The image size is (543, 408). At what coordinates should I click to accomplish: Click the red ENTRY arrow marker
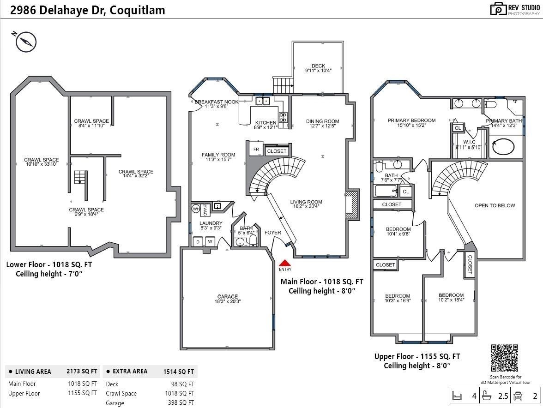[x=285, y=263]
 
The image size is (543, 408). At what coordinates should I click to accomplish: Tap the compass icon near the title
[x=25, y=42]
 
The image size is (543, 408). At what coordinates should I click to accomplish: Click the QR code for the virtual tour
[x=504, y=358]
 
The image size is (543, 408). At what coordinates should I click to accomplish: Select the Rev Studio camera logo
[x=498, y=9]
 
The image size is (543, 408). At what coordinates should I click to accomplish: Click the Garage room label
[x=228, y=296]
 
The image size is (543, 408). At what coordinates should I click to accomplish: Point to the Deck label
[x=318, y=66]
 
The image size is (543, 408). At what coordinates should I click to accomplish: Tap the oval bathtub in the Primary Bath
[x=503, y=147]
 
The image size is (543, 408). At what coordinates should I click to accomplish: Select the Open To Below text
[x=495, y=205]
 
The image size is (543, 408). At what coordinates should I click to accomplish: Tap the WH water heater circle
[x=196, y=209]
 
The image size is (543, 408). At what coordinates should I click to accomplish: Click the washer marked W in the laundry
[x=210, y=242]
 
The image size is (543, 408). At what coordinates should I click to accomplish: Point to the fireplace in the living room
[x=350, y=204]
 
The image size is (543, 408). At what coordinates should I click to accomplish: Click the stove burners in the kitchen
[x=283, y=117]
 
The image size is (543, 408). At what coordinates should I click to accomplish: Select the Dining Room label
[x=322, y=121]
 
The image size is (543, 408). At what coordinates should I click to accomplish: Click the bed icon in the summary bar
[x=457, y=396]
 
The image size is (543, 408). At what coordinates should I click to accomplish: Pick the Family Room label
[x=218, y=155]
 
